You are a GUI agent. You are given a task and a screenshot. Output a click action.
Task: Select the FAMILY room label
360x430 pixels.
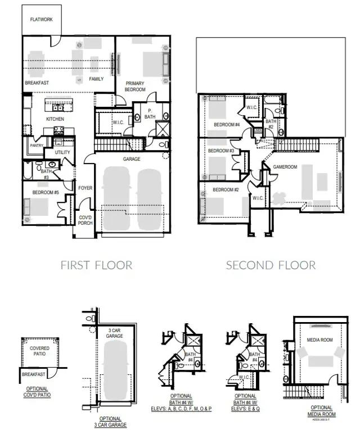pos(96,79)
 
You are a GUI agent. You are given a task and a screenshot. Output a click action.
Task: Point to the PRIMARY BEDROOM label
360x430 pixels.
pos(136,86)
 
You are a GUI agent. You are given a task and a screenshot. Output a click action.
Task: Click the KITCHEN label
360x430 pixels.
pos(55,119)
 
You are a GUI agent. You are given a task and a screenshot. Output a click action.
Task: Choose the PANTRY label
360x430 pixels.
pos(37,145)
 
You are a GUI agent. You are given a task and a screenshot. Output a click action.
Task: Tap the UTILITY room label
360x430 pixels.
pos(62,152)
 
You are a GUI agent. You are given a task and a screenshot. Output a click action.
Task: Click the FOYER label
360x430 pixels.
pos(85,188)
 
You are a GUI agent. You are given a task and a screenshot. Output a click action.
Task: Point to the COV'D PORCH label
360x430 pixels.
pos(84,220)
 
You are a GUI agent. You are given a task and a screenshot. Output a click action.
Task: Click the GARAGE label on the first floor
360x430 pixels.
pos(132,159)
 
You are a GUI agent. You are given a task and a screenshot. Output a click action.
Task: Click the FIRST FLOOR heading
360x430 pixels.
pos(96,265)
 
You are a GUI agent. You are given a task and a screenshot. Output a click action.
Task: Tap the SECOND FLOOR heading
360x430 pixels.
pos(271,265)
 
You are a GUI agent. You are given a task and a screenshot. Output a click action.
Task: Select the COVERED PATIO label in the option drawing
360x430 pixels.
pos(39,351)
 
